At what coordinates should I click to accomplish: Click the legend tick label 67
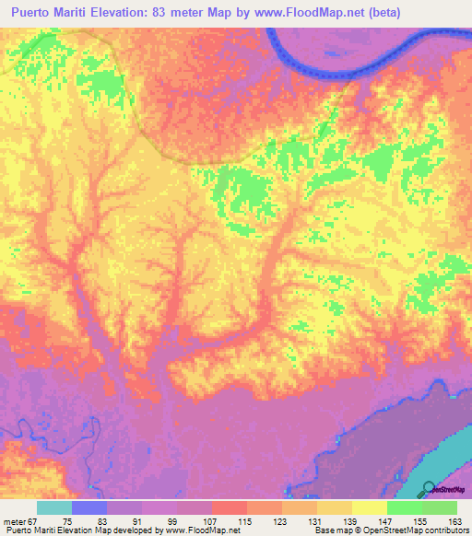[31, 520]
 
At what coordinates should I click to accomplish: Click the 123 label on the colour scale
[282, 520]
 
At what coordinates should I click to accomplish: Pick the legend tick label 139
[351, 520]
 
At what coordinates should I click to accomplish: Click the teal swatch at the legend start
[53, 507]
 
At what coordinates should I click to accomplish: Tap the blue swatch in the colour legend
[89, 507]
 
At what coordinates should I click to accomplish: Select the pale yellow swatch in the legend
[369, 507]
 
